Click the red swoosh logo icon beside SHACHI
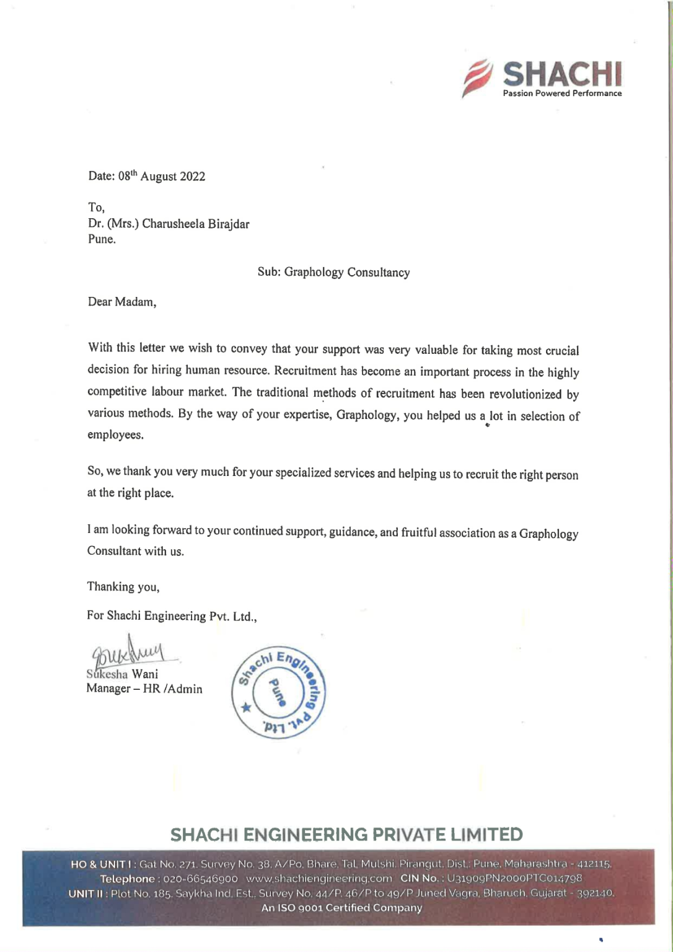click(x=477, y=78)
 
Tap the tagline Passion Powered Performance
click(x=562, y=94)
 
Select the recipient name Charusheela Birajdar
click(x=196, y=224)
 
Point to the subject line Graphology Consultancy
click(x=346, y=272)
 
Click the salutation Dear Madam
click(x=121, y=302)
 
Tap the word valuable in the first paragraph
click(x=438, y=350)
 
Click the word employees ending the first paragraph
click(x=115, y=434)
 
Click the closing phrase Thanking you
click(x=123, y=586)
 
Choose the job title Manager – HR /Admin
click(x=144, y=689)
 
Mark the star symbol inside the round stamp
click(x=247, y=707)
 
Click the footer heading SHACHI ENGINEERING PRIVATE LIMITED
click(x=346, y=834)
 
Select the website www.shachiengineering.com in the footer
click(x=319, y=878)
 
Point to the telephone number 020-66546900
click(x=200, y=878)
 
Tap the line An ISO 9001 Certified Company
click(x=341, y=908)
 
